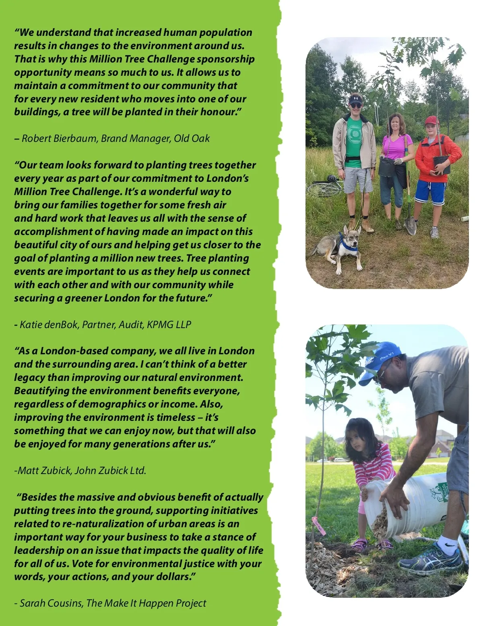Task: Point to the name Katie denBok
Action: pos(49,324)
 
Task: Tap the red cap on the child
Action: pos(431,120)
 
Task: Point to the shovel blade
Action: pos(410,227)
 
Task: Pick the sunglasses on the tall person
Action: pos(356,105)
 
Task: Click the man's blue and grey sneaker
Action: pos(431,559)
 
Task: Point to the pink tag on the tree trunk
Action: pos(318,526)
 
